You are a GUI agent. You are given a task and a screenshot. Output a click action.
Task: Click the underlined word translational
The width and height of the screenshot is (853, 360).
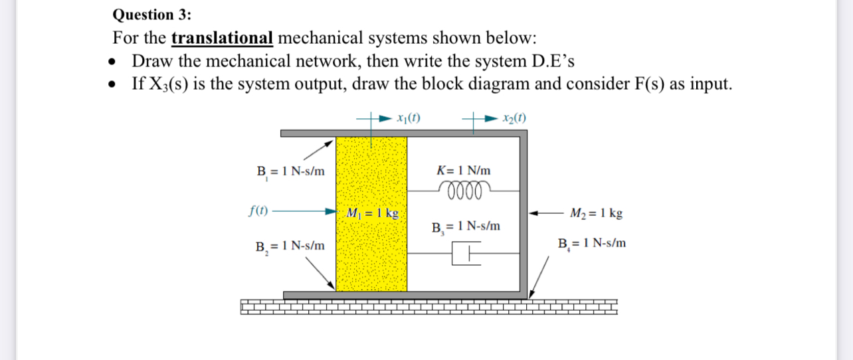[x=223, y=37]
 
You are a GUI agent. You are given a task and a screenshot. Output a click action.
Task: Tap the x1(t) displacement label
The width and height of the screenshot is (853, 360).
[x=406, y=119]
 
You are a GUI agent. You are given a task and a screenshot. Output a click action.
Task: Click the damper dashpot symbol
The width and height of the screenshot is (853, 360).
[x=465, y=252]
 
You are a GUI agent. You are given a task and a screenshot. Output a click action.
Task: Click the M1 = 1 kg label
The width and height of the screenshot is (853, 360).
[x=373, y=214]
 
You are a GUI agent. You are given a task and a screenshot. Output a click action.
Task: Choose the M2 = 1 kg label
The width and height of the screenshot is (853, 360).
[x=596, y=214]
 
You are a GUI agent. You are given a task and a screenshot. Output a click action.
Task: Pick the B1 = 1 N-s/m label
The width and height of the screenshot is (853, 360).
[x=290, y=171]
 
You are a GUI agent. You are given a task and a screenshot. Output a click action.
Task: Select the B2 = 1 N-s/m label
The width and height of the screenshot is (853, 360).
[x=290, y=246]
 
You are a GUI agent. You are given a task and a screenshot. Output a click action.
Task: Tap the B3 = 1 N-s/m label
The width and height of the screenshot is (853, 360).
[x=465, y=226]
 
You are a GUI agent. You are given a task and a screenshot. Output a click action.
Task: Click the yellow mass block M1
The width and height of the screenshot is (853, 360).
[x=371, y=259]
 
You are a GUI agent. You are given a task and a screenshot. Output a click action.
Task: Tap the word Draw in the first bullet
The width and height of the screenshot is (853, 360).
[x=153, y=60]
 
